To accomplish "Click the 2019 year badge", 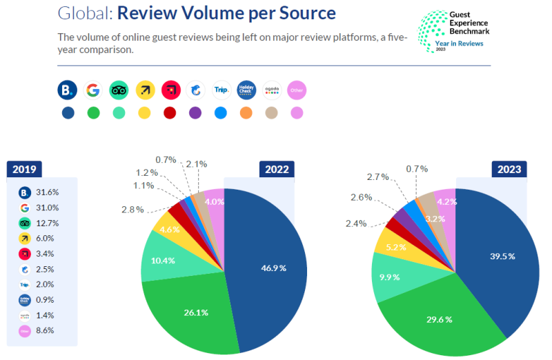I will tap(24, 168).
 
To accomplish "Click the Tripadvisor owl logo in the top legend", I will tap(119, 90).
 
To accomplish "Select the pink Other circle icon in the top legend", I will tap(296, 90).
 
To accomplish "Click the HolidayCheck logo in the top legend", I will tap(246, 90).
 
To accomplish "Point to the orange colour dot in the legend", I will tap(246, 112).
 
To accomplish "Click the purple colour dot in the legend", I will tap(195, 112).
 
